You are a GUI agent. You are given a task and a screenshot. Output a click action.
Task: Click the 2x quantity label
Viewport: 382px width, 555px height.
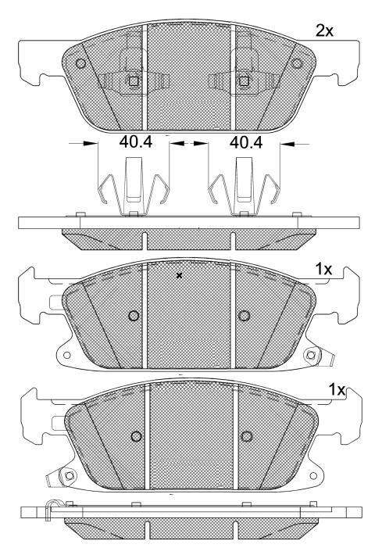pos(324,31)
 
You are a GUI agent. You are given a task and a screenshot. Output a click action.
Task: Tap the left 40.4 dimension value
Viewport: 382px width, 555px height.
pos(134,144)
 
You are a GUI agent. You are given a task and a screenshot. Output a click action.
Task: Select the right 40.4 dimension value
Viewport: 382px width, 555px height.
pos(245,144)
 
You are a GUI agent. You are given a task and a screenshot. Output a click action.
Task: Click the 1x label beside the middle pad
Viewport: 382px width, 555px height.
pos(324,269)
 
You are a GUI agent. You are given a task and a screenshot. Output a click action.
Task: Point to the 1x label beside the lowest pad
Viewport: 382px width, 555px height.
pos(337,388)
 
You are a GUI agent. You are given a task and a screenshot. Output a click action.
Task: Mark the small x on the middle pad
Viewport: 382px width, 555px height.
pos(180,275)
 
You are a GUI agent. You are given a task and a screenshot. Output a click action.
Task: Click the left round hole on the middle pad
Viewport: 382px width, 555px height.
pos(133,316)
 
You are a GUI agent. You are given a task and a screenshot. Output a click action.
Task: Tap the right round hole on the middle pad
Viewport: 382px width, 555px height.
pos(244,316)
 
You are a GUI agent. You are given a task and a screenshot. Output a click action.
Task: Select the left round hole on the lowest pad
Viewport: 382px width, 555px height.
pos(137,435)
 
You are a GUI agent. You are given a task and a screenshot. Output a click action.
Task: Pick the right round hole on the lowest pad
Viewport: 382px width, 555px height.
pos(247,435)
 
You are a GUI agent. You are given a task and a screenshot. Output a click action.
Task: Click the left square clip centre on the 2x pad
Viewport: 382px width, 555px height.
pos(133,81)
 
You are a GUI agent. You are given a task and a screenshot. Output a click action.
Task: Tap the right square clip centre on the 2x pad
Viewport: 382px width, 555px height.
pos(244,81)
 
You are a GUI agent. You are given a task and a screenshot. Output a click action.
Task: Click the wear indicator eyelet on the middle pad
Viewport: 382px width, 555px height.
pos(312,356)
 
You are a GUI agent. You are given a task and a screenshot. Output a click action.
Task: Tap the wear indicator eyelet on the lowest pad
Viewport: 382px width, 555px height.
pos(69,475)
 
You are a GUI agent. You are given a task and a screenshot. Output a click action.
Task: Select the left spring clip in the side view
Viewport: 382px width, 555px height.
pos(134,188)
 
